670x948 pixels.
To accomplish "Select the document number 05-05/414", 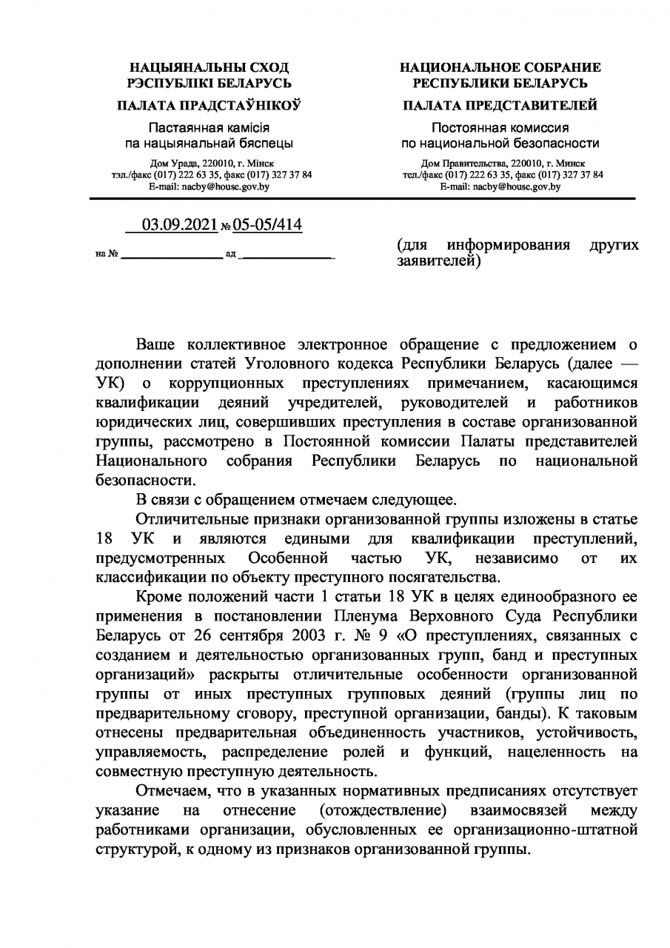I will (263, 224).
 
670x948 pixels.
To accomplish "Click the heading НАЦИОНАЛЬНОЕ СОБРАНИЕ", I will (500, 68).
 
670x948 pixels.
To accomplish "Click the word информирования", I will (508, 245).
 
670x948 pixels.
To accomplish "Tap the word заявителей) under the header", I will (439, 261).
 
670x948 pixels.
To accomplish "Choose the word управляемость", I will (141, 751).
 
